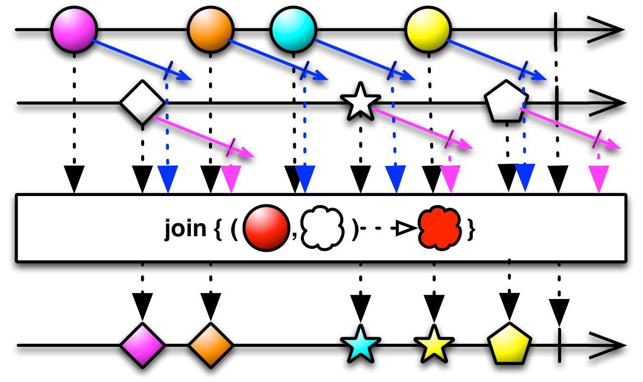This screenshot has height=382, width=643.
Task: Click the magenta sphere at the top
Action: click(x=74, y=30)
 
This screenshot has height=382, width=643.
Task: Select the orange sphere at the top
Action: click(x=210, y=30)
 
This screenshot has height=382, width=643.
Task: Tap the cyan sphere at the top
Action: click(x=293, y=30)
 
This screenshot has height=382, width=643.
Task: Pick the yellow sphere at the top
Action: click(x=428, y=30)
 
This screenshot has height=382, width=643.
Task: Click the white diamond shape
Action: click(x=142, y=103)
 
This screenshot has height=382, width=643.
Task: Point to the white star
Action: click(x=360, y=102)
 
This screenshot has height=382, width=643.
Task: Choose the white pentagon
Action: click(x=506, y=103)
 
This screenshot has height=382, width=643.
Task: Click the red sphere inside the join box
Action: click(x=266, y=228)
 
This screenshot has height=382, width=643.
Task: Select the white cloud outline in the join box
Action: click(x=322, y=228)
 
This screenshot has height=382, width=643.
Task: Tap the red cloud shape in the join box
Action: click(x=440, y=228)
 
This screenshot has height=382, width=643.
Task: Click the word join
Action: click(x=185, y=229)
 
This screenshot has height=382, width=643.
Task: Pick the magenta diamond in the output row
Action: click(x=142, y=345)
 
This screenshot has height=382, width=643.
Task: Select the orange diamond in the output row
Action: click(x=210, y=345)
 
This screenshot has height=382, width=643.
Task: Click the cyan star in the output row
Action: click(x=360, y=345)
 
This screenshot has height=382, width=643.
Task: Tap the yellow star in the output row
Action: click(x=434, y=345)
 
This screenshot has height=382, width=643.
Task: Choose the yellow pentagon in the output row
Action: click(x=509, y=345)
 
